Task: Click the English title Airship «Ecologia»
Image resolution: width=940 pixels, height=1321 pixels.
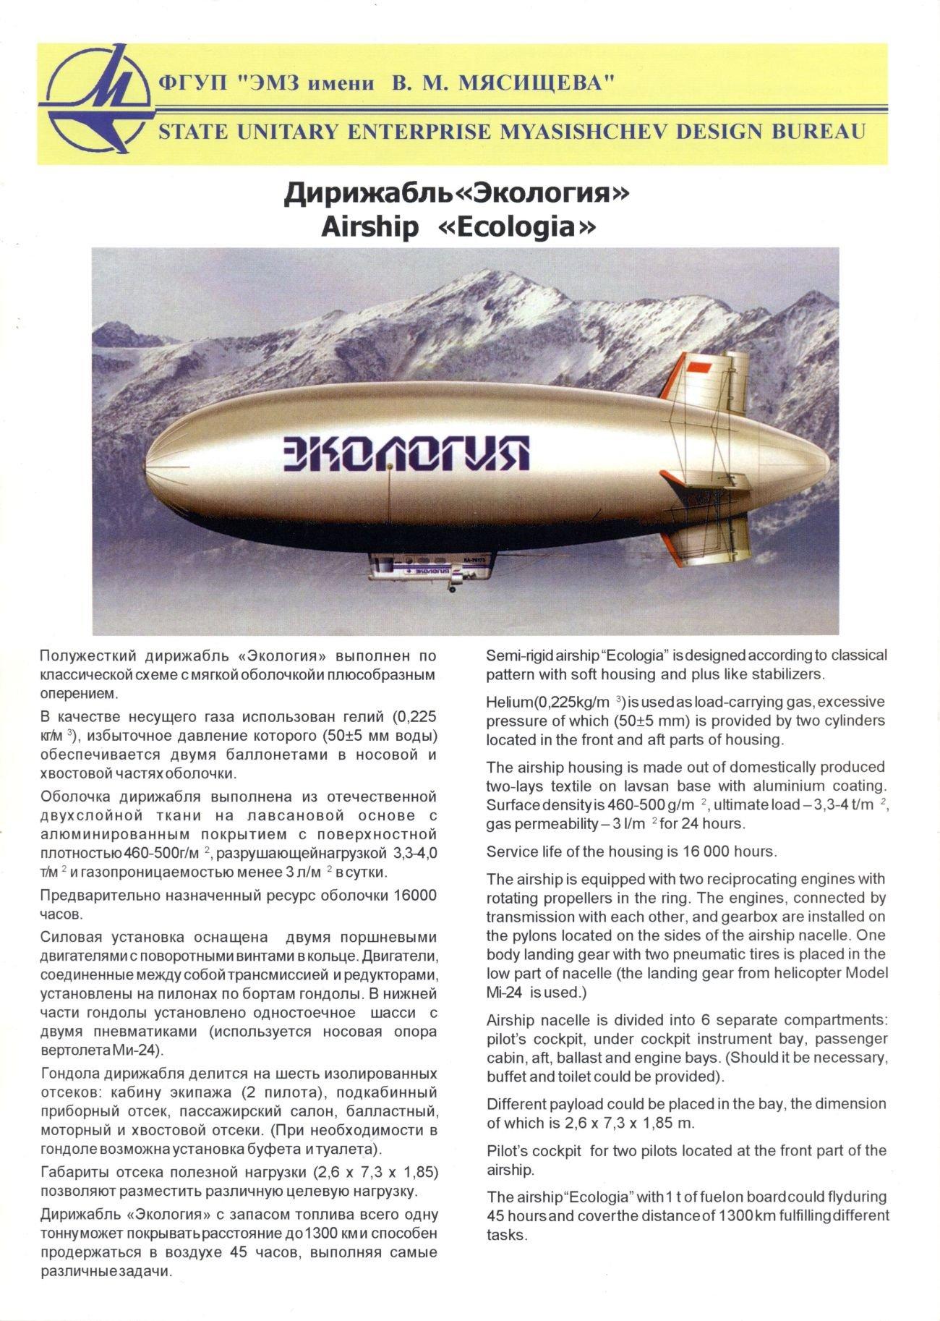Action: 459,227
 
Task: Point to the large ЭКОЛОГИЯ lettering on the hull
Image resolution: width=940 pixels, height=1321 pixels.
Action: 405,454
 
